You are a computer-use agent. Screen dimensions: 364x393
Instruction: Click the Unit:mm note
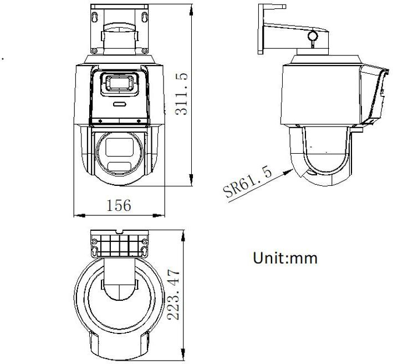point(285,258)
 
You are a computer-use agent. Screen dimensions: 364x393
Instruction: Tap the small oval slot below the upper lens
point(119,103)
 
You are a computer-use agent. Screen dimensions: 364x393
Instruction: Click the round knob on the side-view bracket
point(313,37)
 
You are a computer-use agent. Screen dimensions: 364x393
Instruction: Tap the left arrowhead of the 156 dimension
point(77,214)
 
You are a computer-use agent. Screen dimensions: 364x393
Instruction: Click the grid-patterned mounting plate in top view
point(119,243)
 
